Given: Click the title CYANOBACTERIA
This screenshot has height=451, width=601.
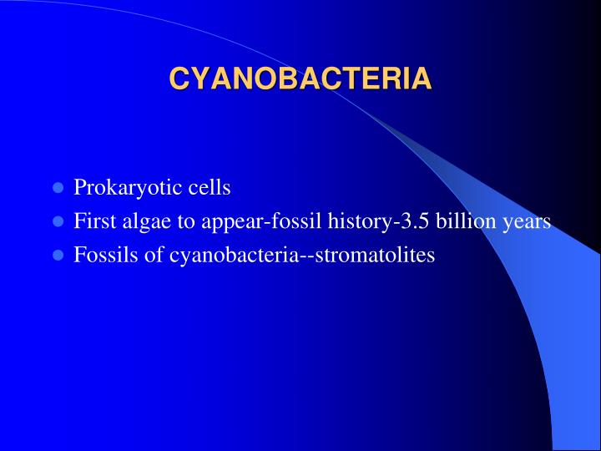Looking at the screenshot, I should pyautogui.click(x=300, y=79).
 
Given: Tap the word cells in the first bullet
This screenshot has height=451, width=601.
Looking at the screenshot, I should pyautogui.click(x=209, y=188).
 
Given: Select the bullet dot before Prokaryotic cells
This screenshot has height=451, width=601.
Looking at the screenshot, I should pyautogui.click(x=58, y=188).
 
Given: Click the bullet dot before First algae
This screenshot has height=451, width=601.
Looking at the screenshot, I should pyautogui.click(x=58, y=222).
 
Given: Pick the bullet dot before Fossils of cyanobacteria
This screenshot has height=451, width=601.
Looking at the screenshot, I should pyautogui.click(x=58, y=256).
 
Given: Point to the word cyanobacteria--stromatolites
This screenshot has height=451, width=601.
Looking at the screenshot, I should pyautogui.click(x=302, y=256).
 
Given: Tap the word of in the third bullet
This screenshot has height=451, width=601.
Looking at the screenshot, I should pyautogui.click(x=153, y=256).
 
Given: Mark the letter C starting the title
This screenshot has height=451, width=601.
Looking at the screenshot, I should pyautogui.click(x=178, y=79).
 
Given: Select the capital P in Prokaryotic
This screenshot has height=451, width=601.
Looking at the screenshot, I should pyautogui.click(x=79, y=188).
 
